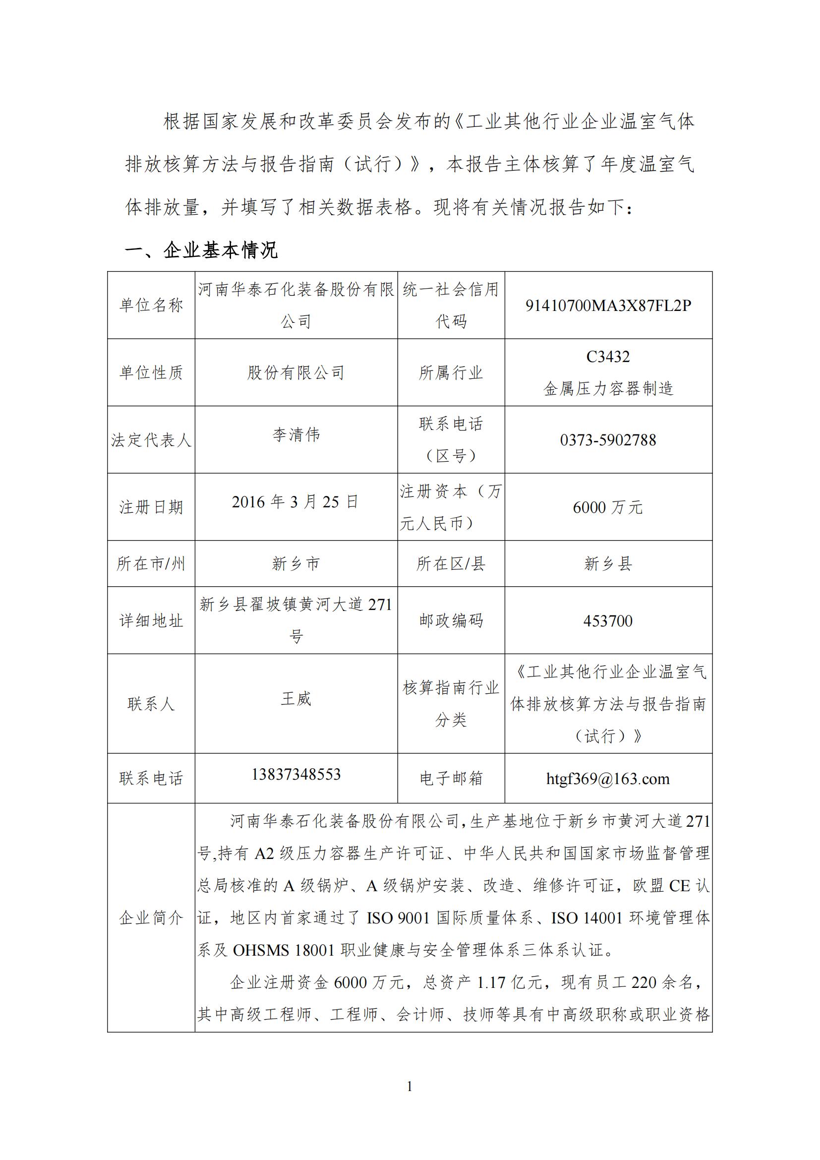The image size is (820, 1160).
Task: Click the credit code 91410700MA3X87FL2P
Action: tap(608, 305)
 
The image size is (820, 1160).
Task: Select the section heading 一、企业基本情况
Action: tap(201, 250)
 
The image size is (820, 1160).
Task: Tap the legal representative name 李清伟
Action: tap(296, 435)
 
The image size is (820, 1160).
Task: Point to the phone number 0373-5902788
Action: tap(608, 440)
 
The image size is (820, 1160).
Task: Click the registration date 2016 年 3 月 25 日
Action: tap(295, 502)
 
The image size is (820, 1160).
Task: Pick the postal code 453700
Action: tap(608, 621)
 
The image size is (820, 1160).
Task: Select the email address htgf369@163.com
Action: tap(608, 779)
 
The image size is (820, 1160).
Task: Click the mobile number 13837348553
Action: tap(296, 774)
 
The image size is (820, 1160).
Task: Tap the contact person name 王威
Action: tap(296, 699)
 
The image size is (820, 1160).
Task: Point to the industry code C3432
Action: tap(608, 357)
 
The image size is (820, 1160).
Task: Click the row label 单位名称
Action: tap(151, 305)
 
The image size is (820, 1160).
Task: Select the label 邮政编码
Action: tap(451, 620)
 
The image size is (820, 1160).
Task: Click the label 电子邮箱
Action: tap(451, 779)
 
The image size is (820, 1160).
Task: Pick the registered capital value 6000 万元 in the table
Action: tap(608, 507)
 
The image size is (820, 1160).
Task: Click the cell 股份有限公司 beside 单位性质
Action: tap(296, 373)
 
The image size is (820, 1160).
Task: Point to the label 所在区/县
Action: tap(451, 564)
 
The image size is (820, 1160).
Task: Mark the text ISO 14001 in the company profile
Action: tap(586, 918)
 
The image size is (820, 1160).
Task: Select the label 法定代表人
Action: tap(151, 440)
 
